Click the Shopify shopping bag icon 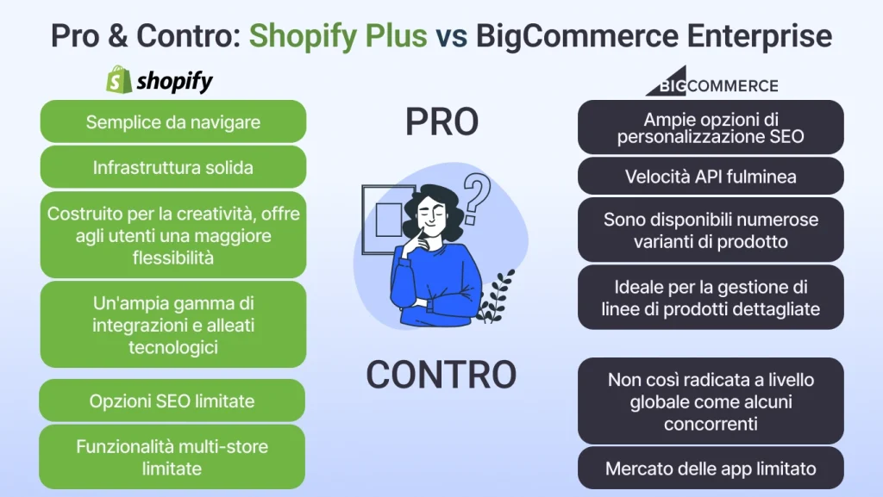click(x=119, y=80)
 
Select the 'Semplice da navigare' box click(x=173, y=121)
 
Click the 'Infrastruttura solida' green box click(x=173, y=167)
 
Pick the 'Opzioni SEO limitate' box click(x=172, y=401)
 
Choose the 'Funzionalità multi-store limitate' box click(x=172, y=457)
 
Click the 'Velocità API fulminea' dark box click(x=711, y=176)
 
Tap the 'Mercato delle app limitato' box click(x=711, y=469)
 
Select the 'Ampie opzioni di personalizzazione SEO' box click(x=711, y=127)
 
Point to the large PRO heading click(x=441, y=123)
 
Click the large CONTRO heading click(x=441, y=374)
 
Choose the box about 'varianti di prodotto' click(x=711, y=230)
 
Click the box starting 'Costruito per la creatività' click(x=173, y=235)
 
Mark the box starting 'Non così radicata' click(x=711, y=401)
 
